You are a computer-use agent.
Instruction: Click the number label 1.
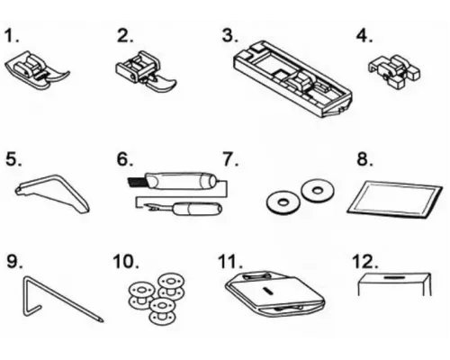[12, 35]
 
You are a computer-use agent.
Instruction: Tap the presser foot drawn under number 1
[37, 70]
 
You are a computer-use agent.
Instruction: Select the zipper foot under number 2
[146, 70]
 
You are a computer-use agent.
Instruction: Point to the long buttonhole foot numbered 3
[292, 78]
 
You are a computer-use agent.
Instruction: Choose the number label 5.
[13, 159]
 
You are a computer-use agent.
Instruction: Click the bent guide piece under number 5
[52, 193]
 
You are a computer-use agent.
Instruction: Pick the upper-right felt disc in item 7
[318, 190]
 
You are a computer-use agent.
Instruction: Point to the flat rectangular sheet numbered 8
[394, 199]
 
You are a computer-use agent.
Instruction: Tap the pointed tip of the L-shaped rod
[102, 320]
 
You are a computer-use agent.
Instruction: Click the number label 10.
[126, 262]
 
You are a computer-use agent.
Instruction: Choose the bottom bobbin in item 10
[162, 311]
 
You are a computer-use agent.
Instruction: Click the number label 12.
[364, 262]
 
